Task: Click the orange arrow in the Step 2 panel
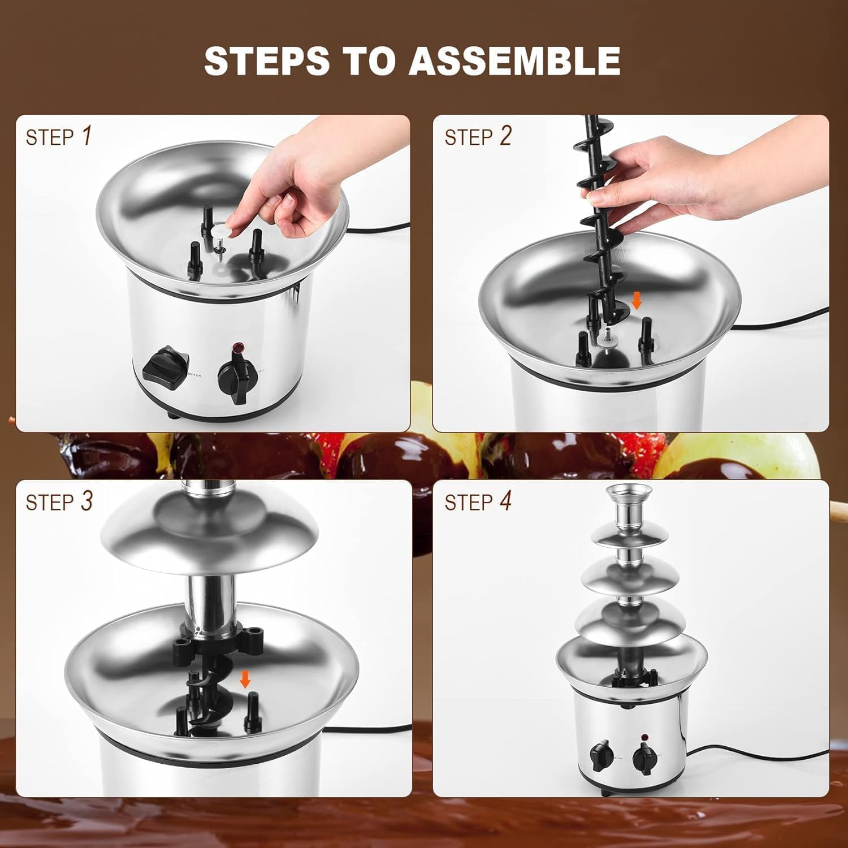tap(637, 301)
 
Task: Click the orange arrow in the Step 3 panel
tap(245, 679)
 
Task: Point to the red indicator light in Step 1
tap(238, 348)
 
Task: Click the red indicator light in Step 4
tap(643, 737)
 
